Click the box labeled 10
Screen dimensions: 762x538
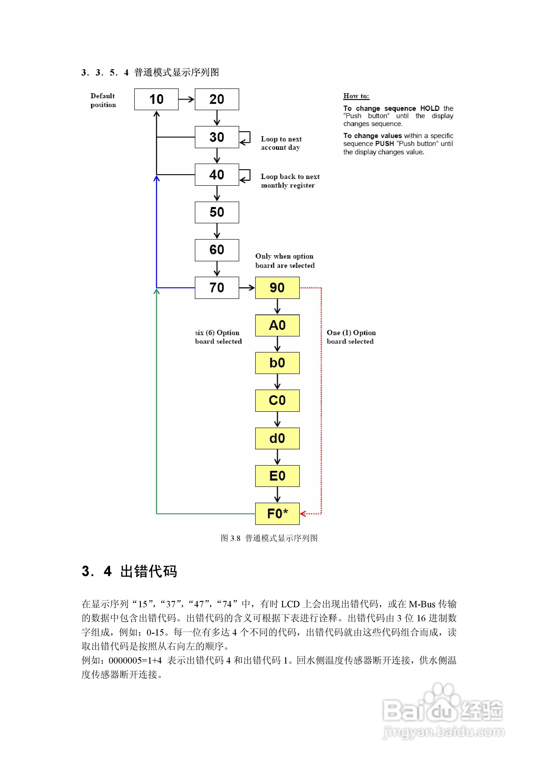pyautogui.click(x=156, y=99)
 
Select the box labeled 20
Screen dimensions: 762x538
pyautogui.click(x=217, y=99)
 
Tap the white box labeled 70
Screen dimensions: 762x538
pyautogui.click(x=217, y=287)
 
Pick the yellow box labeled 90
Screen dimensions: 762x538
pyautogui.click(x=277, y=287)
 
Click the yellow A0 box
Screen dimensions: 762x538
pyautogui.click(x=277, y=325)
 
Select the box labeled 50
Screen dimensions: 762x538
pyautogui.click(x=217, y=212)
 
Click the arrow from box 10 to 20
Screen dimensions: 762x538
pyautogui.click(x=186, y=99)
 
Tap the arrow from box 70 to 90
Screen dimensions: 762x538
pyautogui.click(x=247, y=287)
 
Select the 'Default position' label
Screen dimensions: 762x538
pyautogui.click(x=103, y=100)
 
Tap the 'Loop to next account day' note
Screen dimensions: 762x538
pyautogui.click(x=281, y=143)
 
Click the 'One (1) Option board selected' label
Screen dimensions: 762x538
pyautogui.click(x=351, y=337)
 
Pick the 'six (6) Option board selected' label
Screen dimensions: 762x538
pyautogui.click(x=218, y=337)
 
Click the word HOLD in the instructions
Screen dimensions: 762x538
pyautogui.click(x=429, y=108)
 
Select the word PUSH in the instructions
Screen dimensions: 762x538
pyautogui.click(x=385, y=143)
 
